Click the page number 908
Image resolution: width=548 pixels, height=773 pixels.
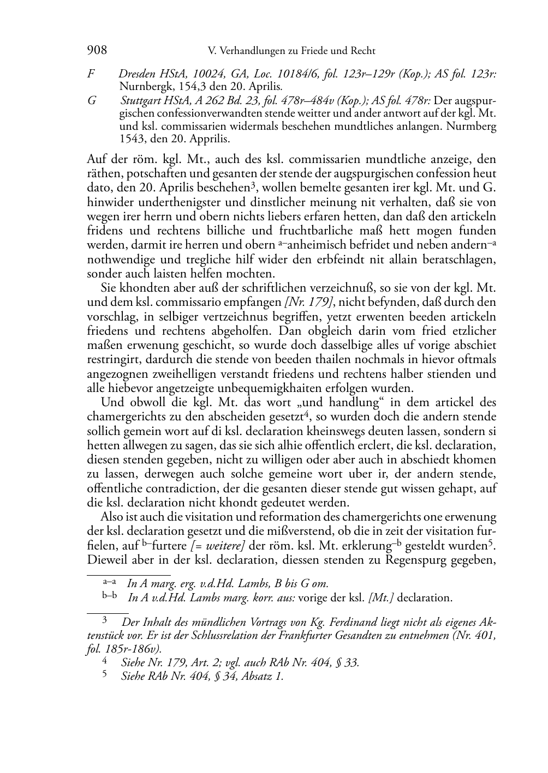click(x=97, y=51)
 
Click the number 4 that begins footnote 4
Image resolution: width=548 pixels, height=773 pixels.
click(x=105, y=662)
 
